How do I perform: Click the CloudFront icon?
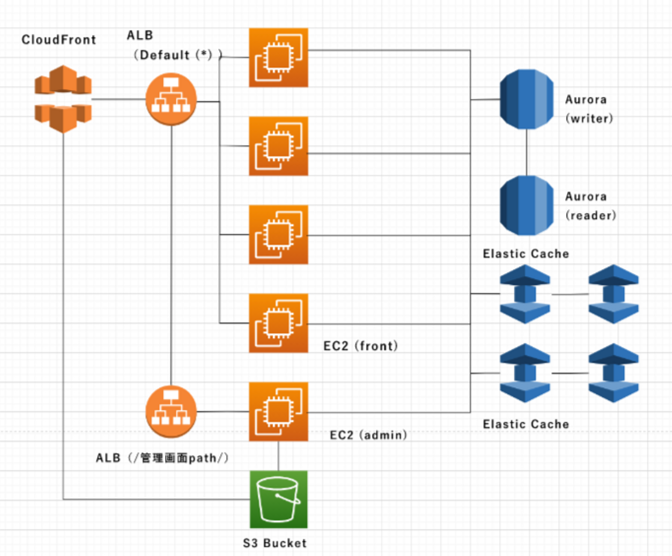[x=63, y=99]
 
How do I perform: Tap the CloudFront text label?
[x=59, y=40]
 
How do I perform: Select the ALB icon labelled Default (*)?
[x=171, y=99]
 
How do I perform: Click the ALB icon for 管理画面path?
[x=171, y=412]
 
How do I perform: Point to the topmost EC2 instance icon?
[x=279, y=57]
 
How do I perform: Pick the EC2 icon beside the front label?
[x=279, y=323]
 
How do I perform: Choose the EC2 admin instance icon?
[x=279, y=412]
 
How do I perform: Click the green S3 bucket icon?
[x=279, y=499]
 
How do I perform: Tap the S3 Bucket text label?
[x=275, y=543]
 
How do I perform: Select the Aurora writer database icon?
[x=526, y=99]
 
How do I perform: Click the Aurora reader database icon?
[x=526, y=205]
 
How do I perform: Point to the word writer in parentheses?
[x=589, y=118]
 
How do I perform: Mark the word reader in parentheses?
[x=591, y=215]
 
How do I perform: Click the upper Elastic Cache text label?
[x=526, y=254]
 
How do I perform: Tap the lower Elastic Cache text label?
[x=526, y=424]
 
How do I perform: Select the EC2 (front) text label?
[x=361, y=346]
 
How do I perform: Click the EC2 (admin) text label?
[x=368, y=435]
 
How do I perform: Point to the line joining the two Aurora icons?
[x=527, y=152]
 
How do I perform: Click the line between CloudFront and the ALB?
[x=119, y=99]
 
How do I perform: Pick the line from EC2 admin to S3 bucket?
[x=279, y=456]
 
